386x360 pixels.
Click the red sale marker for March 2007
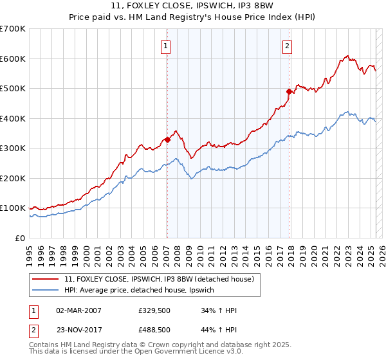tap(167, 139)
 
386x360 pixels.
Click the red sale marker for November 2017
tap(289, 92)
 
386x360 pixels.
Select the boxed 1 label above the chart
tap(166, 46)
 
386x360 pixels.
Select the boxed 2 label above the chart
tap(286, 46)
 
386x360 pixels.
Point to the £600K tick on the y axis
tap(12, 59)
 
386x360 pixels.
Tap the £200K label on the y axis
tap(12, 178)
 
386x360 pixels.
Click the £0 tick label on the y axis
tap(19, 238)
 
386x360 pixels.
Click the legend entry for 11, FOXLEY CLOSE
tap(160, 279)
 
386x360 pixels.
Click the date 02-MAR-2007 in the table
tap(78, 310)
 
